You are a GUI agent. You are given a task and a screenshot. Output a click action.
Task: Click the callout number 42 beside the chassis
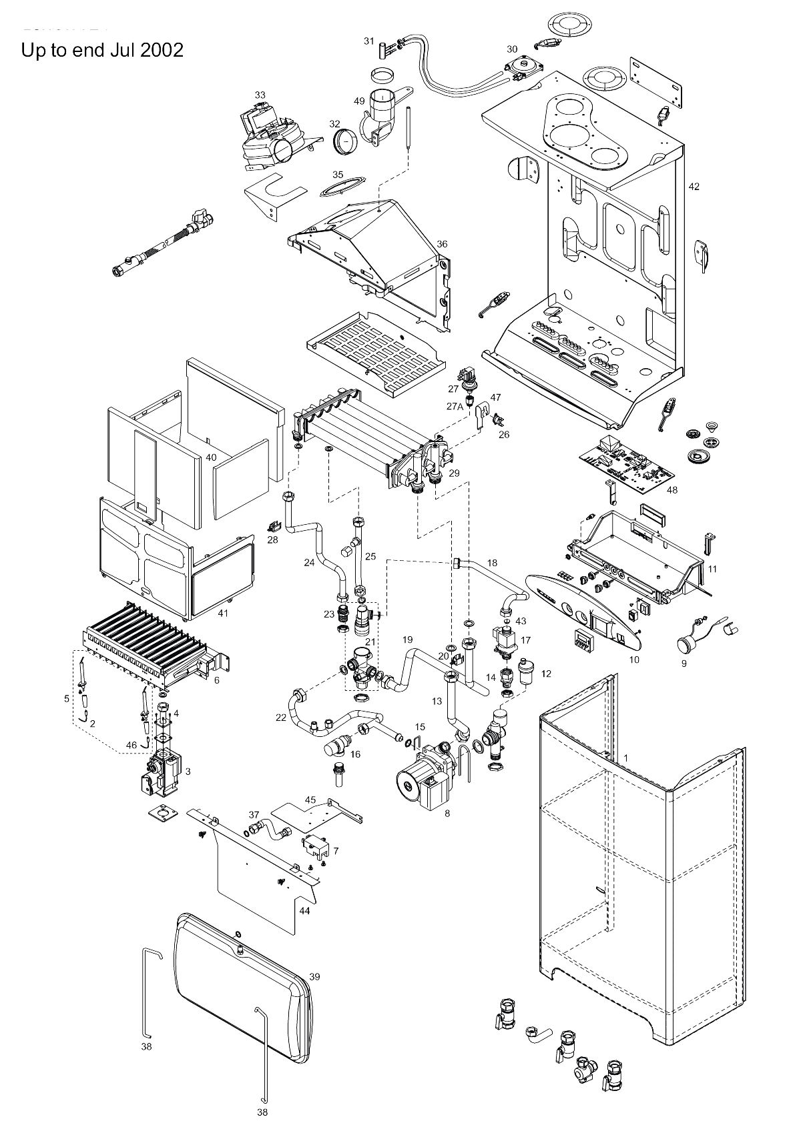[x=694, y=187]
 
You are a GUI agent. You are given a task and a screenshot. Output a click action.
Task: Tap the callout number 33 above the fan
[x=260, y=95]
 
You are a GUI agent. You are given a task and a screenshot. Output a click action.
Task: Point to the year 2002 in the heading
[x=162, y=50]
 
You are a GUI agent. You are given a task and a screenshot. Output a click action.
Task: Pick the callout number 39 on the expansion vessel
[x=314, y=976]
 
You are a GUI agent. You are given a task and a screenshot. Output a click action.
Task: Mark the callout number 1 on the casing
[x=626, y=758]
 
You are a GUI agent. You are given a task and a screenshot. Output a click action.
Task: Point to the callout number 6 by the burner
[x=216, y=680]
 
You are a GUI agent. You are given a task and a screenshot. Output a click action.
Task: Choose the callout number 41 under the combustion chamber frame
[x=223, y=613]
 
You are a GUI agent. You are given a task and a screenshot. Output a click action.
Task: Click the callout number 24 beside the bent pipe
[x=309, y=562]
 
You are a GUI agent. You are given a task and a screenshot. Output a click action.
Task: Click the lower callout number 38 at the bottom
[x=262, y=1112]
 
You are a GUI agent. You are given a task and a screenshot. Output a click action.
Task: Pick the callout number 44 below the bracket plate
[x=304, y=910]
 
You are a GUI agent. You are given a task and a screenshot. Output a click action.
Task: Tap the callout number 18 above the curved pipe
[x=492, y=563]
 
